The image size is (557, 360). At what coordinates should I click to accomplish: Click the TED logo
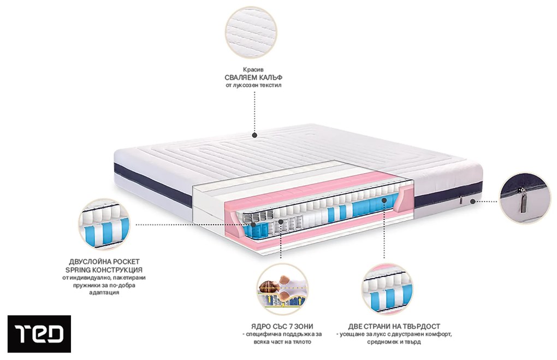coord(39,333)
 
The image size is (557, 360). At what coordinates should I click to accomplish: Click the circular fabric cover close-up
coord(252,32)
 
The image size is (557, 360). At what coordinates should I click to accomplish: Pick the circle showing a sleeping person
coord(282,290)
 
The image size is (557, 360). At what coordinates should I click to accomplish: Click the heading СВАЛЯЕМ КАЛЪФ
coord(252,78)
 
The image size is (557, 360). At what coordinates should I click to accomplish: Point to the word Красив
coord(252,69)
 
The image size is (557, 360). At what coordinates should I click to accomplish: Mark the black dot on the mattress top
coord(254,135)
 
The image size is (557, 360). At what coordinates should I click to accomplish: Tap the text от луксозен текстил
coord(252,86)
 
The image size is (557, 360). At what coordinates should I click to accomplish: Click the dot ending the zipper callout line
coord(471,201)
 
